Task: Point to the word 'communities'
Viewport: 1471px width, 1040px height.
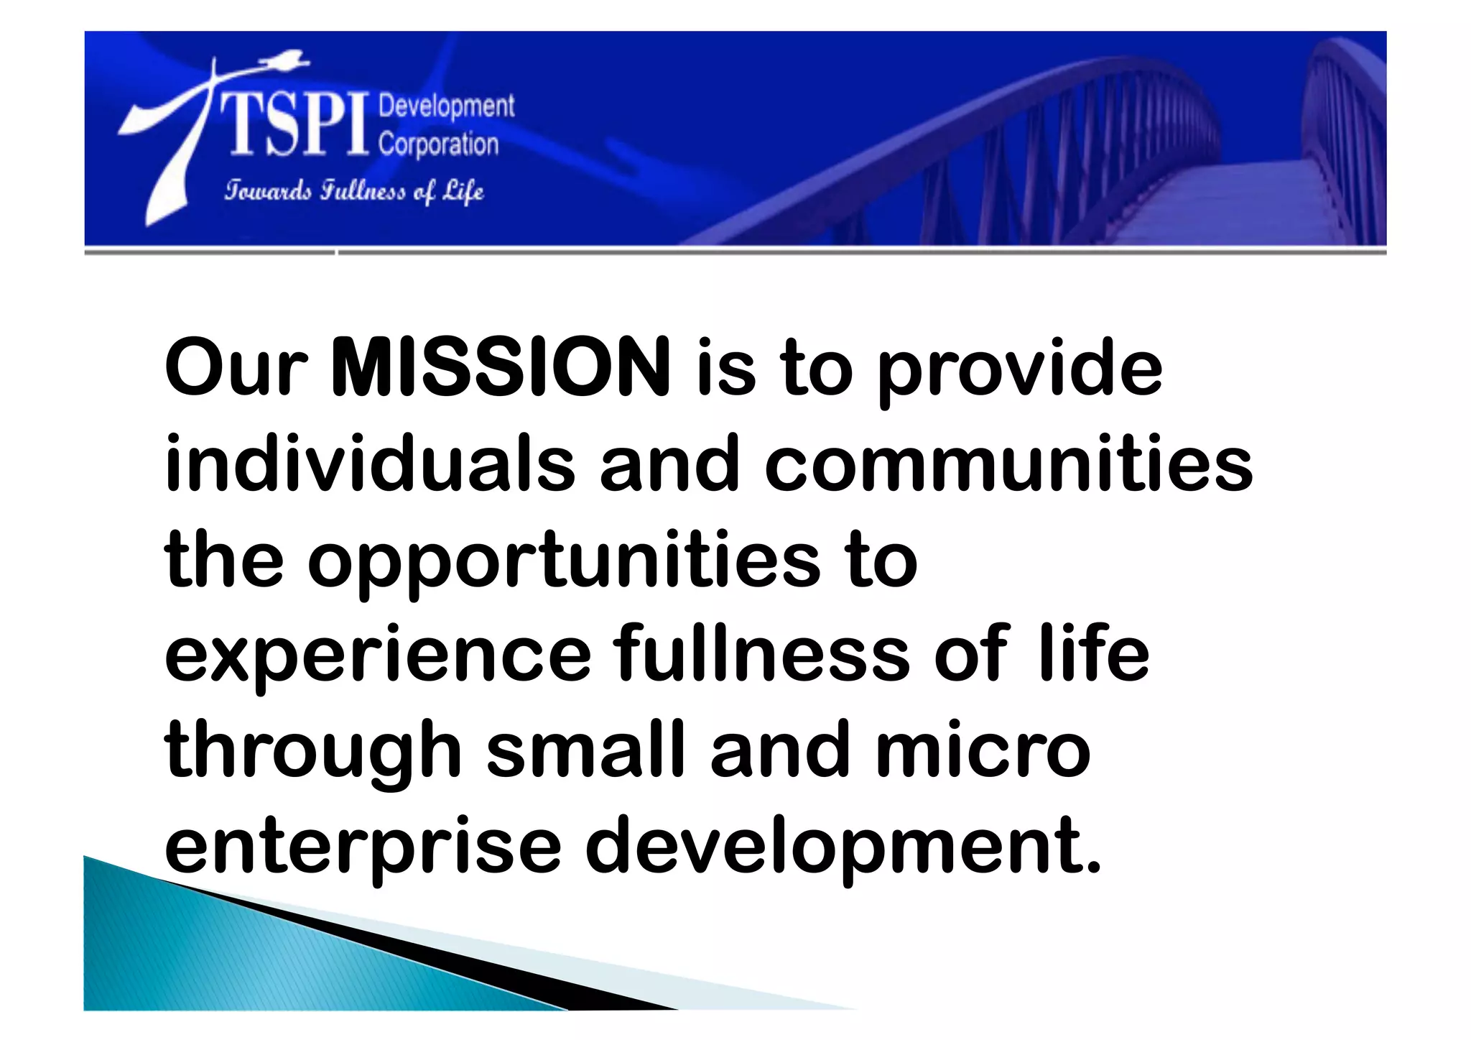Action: point(1008,463)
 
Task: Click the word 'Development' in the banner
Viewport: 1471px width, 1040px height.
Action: point(446,106)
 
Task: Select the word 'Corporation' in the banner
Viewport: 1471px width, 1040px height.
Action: point(438,144)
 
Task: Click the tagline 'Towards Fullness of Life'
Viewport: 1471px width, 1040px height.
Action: point(353,191)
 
